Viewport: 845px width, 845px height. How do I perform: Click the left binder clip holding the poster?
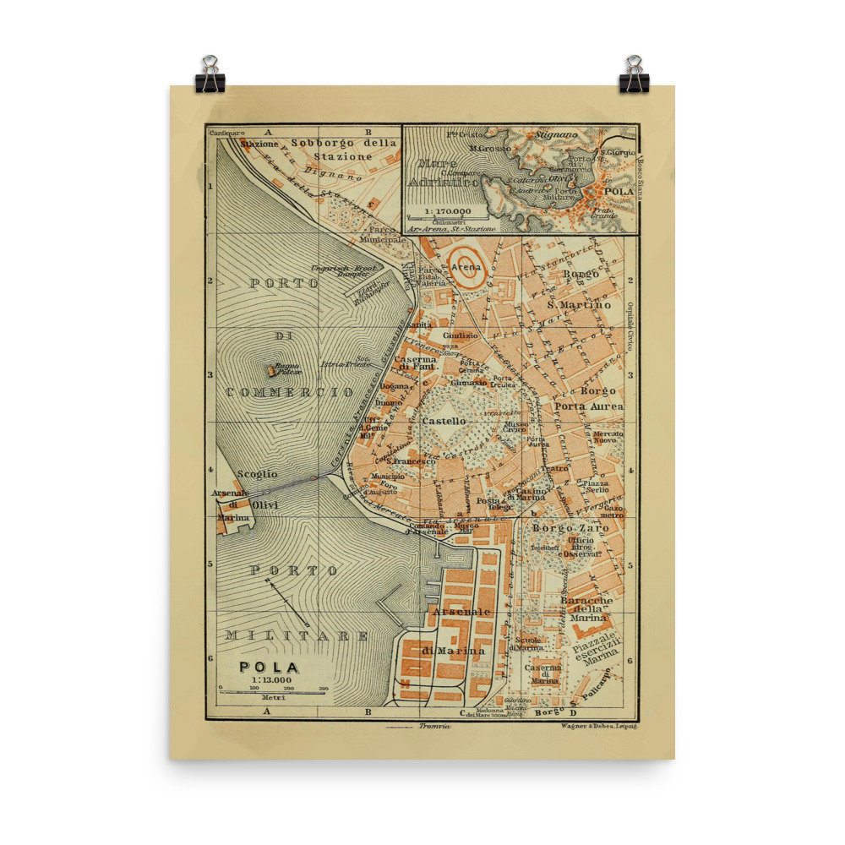pyautogui.click(x=210, y=75)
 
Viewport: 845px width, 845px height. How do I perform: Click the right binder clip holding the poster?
pyautogui.click(x=634, y=75)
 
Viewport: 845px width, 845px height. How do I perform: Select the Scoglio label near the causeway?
pyautogui.click(x=257, y=475)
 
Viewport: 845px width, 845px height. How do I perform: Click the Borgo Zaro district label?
pyautogui.click(x=570, y=527)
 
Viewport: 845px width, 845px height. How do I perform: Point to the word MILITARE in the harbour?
pyautogui.click(x=297, y=635)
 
